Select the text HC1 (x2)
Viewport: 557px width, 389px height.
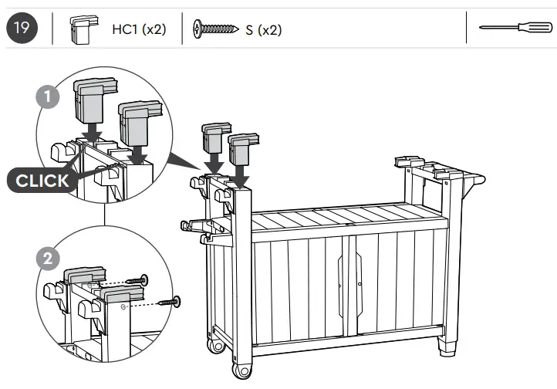(139, 30)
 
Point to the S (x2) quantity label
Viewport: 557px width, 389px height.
(263, 30)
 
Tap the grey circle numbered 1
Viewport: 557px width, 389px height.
(48, 98)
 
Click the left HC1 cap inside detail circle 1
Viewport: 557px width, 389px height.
(89, 96)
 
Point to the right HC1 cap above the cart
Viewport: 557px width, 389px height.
(243, 150)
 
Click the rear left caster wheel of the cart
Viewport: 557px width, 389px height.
(216, 342)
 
